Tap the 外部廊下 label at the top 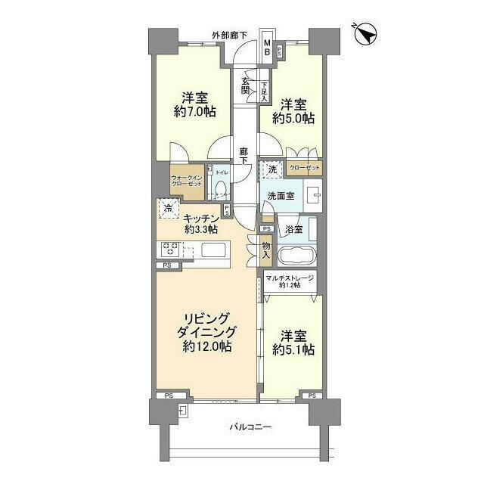tap(229, 36)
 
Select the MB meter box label tap(267, 48)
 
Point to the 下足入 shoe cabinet tap(265, 91)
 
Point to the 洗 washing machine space tap(271, 171)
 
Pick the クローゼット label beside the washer tap(303, 168)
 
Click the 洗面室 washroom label tap(281, 195)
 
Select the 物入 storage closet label tap(266, 250)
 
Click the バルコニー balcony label tap(250, 428)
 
